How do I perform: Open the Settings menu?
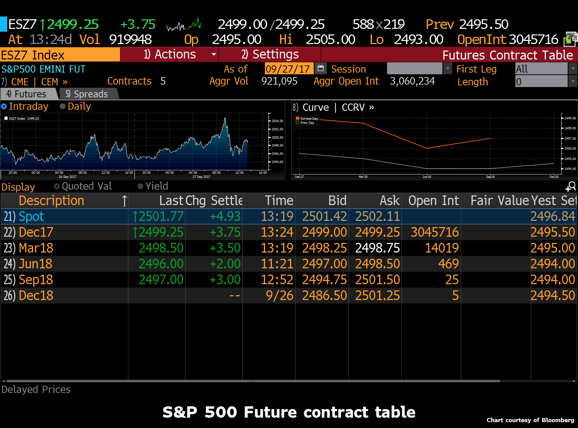pos(270,54)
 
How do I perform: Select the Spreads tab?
pos(87,94)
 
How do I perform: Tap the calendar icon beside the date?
pos(320,68)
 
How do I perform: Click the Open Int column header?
pos(433,201)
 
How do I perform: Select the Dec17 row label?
pos(36,232)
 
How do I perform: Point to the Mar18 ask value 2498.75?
pos(377,248)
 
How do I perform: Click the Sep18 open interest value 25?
pos(452,280)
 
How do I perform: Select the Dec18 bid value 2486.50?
pos(324,296)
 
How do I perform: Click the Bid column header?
pos(337,201)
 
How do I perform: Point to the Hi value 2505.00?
pos(330,40)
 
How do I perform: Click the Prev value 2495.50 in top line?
pos(483,24)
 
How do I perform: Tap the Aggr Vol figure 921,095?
pos(279,81)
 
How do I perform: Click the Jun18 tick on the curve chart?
pos(427,176)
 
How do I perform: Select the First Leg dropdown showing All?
pos(545,69)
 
